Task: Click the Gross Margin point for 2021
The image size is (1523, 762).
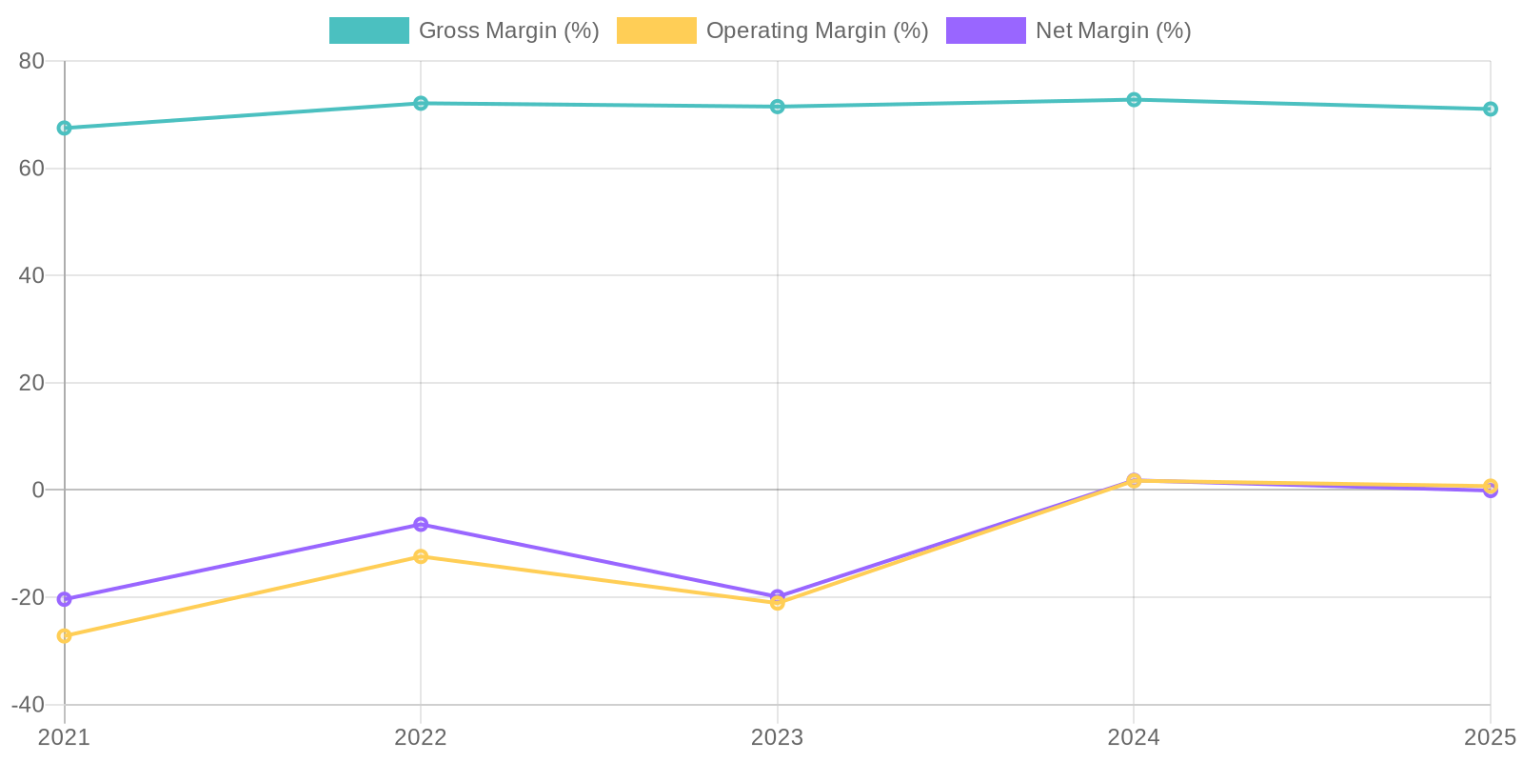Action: click(x=64, y=128)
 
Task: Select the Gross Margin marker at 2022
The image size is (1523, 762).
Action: click(x=421, y=103)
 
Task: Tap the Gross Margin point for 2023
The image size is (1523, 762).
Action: click(x=778, y=107)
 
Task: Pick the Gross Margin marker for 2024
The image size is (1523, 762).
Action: click(x=1134, y=99)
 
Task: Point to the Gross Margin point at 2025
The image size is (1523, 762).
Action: click(x=1491, y=109)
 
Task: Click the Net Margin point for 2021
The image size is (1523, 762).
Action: click(x=64, y=599)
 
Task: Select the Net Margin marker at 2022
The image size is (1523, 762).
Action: click(x=421, y=525)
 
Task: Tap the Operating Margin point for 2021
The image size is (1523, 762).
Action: click(x=64, y=635)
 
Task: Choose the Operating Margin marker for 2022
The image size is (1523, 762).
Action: click(x=421, y=556)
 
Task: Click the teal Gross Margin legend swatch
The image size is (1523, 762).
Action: click(x=368, y=30)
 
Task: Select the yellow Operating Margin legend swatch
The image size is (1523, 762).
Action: click(x=656, y=30)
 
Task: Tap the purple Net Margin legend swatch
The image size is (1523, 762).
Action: click(x=985, y=30)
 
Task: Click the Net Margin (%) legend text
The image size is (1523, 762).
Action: click(x=1113, y=30)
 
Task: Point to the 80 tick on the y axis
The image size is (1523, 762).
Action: click(x=31, y=61)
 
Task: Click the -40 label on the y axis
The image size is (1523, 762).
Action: click(x=28, y=705)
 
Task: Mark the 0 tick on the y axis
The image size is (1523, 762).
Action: click(x=38, y=490)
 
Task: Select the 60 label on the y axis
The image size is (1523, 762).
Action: click(x=31, y=169)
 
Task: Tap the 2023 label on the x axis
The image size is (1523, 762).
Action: click(x=778, y=737)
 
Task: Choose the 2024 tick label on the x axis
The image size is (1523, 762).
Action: click(x=1134, y=737)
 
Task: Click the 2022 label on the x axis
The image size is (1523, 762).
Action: click(x=421, y=737)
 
